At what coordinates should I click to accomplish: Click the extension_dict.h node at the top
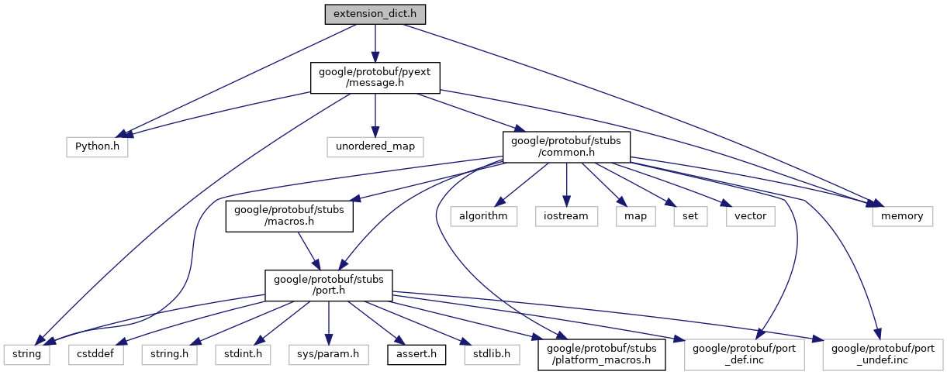(x=375, y=14)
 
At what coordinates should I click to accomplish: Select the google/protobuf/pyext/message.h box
(x=375, y=77)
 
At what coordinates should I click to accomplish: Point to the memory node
(x=902, y=215)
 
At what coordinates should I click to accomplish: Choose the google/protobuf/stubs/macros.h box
(x=289, y=215)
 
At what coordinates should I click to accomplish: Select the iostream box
(x=566, y=215)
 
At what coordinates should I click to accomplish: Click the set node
(x=686, y=215)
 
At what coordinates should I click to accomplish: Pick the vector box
(x=750, y=215)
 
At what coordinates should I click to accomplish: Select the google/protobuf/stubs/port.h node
(x=329, y=285)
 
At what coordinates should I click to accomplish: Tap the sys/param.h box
(x=329, y=354)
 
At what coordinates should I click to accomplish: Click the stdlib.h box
(x=488, y=354)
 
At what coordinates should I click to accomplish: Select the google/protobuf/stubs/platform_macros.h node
(x=602, y=354)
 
